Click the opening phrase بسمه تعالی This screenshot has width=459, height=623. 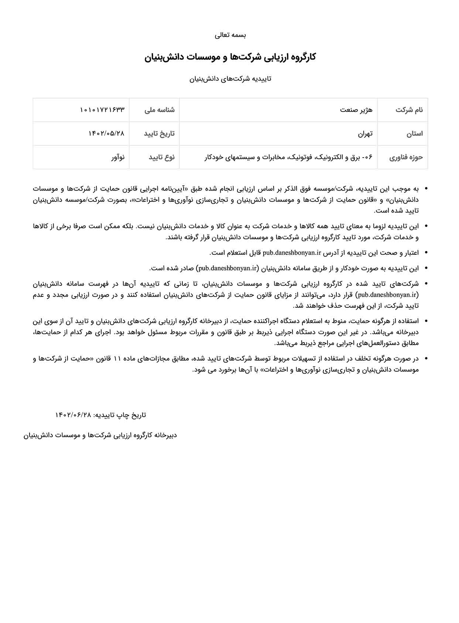click(x=230, y=35)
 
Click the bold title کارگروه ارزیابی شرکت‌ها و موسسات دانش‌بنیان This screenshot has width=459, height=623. click(x=230, y=57)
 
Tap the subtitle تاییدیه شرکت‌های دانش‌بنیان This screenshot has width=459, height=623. click(x=230, y=79)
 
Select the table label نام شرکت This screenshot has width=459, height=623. click(x=409, y=110)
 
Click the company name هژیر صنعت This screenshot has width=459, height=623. click(x=356, y=110)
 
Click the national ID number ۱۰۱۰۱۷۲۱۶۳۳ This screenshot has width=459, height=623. click(x=102, y=110)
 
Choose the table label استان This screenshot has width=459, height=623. click(x=415, y=134)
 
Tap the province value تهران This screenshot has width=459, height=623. click(x=365, y=134)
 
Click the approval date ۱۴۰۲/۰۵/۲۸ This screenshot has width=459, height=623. click(x=106, y=134)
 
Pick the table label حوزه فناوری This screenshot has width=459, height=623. click(x=406, y=157)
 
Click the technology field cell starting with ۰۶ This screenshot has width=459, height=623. click(x=288, y=157)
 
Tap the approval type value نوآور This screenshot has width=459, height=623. click(x=118, y=157)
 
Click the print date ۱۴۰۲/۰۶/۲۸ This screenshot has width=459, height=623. click(x=73, y=415)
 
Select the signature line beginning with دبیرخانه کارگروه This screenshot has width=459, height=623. click(x=100, y=436)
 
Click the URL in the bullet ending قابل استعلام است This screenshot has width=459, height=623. click(x=292, y=253)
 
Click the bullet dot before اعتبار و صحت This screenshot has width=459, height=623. click(x=426, y=253)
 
